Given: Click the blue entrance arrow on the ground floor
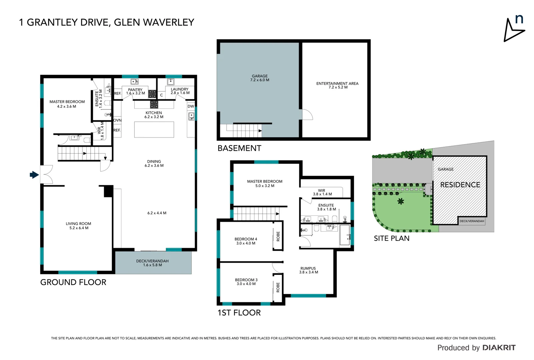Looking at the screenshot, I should [x=34, y=175].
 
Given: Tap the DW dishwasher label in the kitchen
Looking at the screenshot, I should [x=191, y=106].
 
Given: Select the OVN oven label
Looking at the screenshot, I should [x=117, y=120].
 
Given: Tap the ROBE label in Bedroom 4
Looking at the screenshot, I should [x=278, y=236].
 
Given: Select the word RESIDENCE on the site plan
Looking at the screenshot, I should [x=460, y=185].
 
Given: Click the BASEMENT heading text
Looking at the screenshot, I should [x=239, y=148].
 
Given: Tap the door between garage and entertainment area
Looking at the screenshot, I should [x=307, y=114].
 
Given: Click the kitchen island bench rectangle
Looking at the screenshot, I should [x=154, y=130].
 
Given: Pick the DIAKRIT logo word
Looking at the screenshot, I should [x=499, y=348].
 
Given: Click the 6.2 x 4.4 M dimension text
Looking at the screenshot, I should [x=157, y=213].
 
